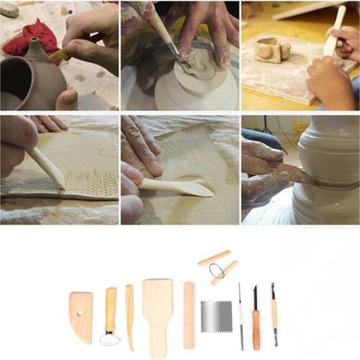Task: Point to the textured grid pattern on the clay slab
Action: pos(91,184)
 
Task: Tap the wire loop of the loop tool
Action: pos(110,338)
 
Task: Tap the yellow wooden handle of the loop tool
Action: pos(110,310)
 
